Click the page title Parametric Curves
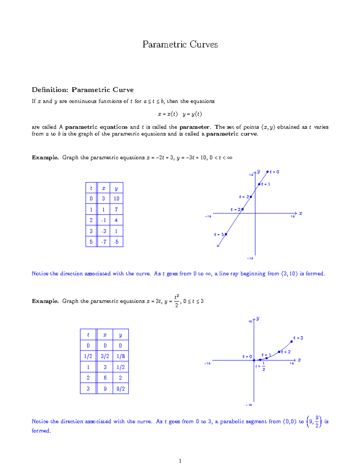(180, 44)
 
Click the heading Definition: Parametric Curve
(82, 90)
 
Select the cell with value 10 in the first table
(116, 199)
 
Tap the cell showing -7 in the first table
(103, 242)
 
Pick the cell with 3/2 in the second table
(105, 356)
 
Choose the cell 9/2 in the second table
(121, 389)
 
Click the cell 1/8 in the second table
(121, 356)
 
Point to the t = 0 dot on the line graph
(267, 172)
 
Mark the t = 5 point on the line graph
(226, 234)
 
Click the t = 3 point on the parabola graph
(292, 341)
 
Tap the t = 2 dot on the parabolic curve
(279, 352)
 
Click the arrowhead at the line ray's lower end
(218, 246)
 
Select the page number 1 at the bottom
(180, 461)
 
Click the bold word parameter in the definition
(194, 127)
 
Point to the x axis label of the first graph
(300, 213)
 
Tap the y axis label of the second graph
(258, 318)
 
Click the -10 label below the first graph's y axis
(250, 258)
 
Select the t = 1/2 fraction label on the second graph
(260, 366)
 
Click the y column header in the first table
(116, 188)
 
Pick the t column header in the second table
(88, 335)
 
